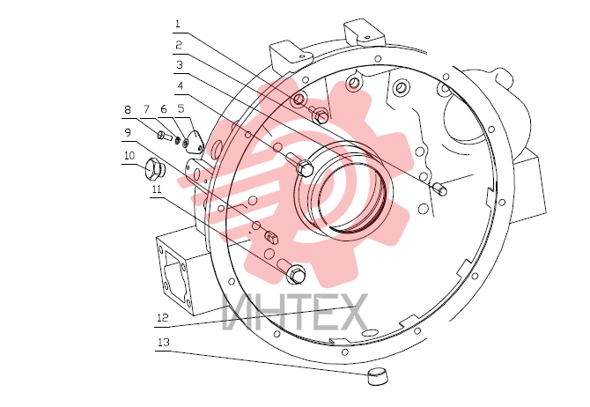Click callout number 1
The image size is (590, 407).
178,24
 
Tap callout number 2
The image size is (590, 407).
179,45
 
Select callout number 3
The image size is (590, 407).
180,65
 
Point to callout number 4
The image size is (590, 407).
181,86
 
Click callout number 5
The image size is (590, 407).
181,109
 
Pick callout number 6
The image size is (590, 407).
163,109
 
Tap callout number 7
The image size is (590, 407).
146,109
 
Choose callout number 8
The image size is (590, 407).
128,109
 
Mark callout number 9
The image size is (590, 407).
128,132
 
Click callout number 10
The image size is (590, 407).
129,156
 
